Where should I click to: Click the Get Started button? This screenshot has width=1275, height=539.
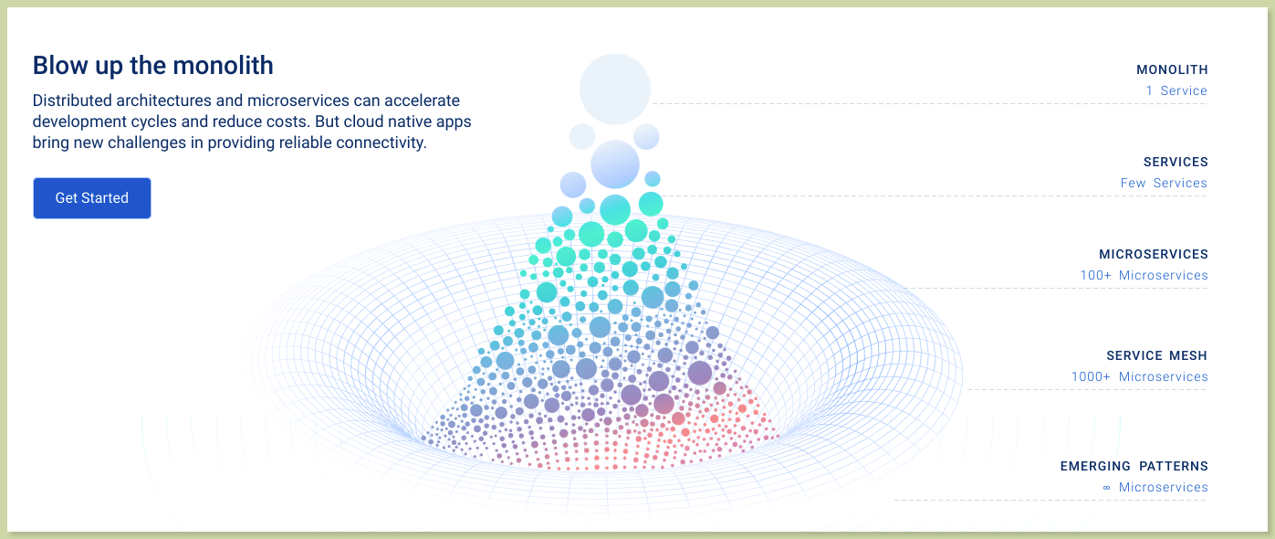pyautogui.click(x=91, y=197)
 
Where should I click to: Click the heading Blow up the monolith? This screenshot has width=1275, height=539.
pyautogui.click(x=153, y=66)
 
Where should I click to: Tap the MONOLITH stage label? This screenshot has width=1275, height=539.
pyautogui.click(x=1172, y=69)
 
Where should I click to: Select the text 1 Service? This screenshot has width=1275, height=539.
pyautogui.click(x=1176, y=90)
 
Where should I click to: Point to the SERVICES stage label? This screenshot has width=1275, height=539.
pyautogui.click(x=1176, y=162)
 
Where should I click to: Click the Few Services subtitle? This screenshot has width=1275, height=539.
pyautogui.click(x=1164, y=183)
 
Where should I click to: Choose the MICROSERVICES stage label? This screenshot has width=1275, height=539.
pyautogui.click(x=1154, y=254)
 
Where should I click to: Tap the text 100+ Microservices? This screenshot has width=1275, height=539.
pyautogui.click(x=1144, y=275)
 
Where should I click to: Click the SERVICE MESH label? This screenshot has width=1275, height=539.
pyautogui.click(x=1156, y=355)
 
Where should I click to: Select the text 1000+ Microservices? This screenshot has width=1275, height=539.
pyautogui.click(x=1139, y=376)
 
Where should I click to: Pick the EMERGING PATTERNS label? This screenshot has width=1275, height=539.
pyautogui.click(x=1134, y=466)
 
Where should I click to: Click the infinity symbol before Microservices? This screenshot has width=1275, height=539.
pyautogui.click(x=1106, y=488)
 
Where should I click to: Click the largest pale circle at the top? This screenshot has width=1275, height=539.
pyautogui.click(x=615, y=89)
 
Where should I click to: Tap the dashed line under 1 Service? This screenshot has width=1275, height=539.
pyautogui.click(x=930, y=104)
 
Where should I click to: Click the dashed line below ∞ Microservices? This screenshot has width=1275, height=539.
pyautogui.click(x=1050, y=501)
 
